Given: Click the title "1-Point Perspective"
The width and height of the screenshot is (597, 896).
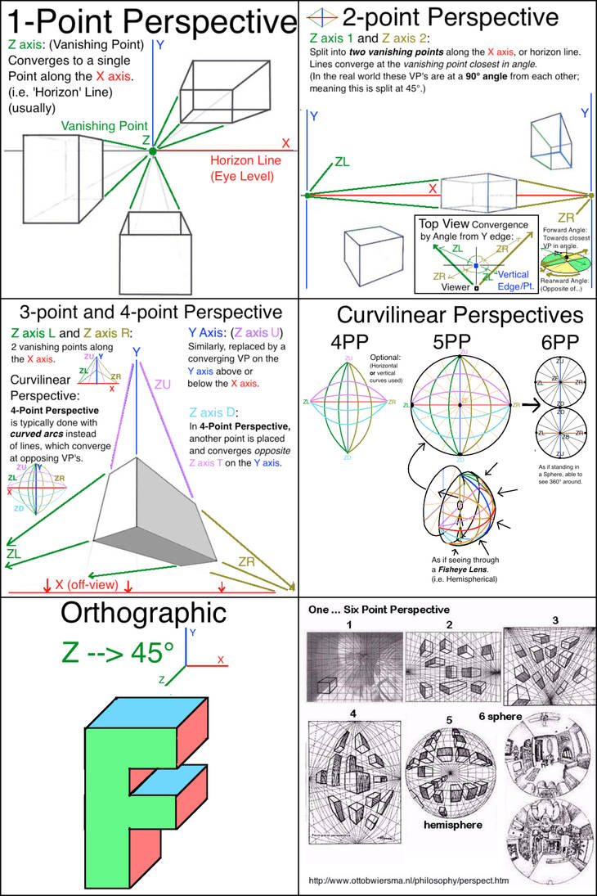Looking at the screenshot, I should tap(149, 22).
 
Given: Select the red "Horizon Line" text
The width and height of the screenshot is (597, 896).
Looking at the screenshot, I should tap(245, 160).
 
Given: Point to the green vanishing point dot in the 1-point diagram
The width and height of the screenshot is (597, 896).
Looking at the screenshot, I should tap(151, 151).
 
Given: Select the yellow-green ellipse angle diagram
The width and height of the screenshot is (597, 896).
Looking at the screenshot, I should tap(565, 261).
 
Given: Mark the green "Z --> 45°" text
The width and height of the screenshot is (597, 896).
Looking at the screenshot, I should tap(118, 653).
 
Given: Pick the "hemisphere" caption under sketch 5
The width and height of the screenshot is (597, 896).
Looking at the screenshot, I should tap(452, 825).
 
